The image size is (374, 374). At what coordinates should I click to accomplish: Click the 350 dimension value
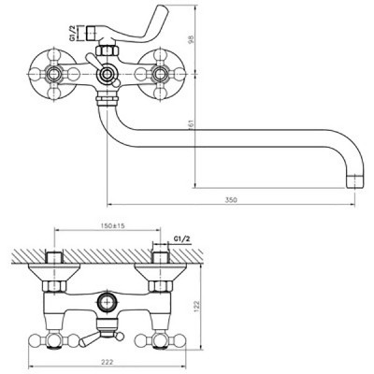point(231,200)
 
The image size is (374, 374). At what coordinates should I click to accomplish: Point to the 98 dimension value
point(191,39)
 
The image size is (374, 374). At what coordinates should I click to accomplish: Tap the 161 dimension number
point(192,123)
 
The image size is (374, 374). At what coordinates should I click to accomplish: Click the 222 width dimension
point(107,362)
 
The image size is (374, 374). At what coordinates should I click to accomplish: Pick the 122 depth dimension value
point(197,307)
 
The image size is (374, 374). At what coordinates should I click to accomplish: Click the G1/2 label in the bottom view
point(181,239)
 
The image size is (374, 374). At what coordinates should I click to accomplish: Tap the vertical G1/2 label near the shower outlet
point(72,34)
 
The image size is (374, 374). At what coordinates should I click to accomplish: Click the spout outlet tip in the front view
point(355,181)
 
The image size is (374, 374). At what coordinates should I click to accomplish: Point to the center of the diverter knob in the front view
point(107,74)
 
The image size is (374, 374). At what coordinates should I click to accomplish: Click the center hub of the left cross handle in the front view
point(53,74)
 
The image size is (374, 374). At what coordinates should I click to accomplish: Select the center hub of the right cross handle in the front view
point(160,74)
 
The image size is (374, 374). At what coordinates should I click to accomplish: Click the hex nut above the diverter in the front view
point(107,50)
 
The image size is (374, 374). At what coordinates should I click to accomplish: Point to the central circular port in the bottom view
point(107,302)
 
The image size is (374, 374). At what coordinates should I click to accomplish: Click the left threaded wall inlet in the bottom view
point(54,256)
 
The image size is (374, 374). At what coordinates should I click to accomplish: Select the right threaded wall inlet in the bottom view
point(160,256)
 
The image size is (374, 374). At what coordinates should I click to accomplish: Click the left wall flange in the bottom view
point(54,272)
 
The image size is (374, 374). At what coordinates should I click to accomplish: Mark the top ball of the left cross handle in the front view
point(53,55)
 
